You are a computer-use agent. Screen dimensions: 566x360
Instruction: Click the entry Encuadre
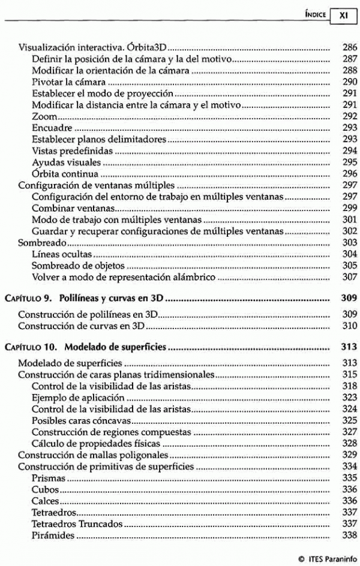[x=52, y=128]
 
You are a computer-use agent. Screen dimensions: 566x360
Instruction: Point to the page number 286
[x=349, y=47]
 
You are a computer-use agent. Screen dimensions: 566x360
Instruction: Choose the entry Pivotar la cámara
[x=68, y=82]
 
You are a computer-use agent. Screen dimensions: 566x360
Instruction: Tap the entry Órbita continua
[x=65, y=174]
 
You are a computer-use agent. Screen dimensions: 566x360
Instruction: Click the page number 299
[x=349, y=208]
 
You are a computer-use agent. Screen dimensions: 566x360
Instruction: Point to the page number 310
[x=349, y=326]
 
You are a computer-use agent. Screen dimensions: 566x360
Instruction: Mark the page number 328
[x=349, y=443]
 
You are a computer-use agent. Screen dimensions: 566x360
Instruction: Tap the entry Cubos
[x=45, y=489]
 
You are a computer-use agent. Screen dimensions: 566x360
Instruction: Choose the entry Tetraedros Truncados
[x=77, y=524]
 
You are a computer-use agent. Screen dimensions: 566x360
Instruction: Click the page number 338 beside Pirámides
[x=349, y=535]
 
